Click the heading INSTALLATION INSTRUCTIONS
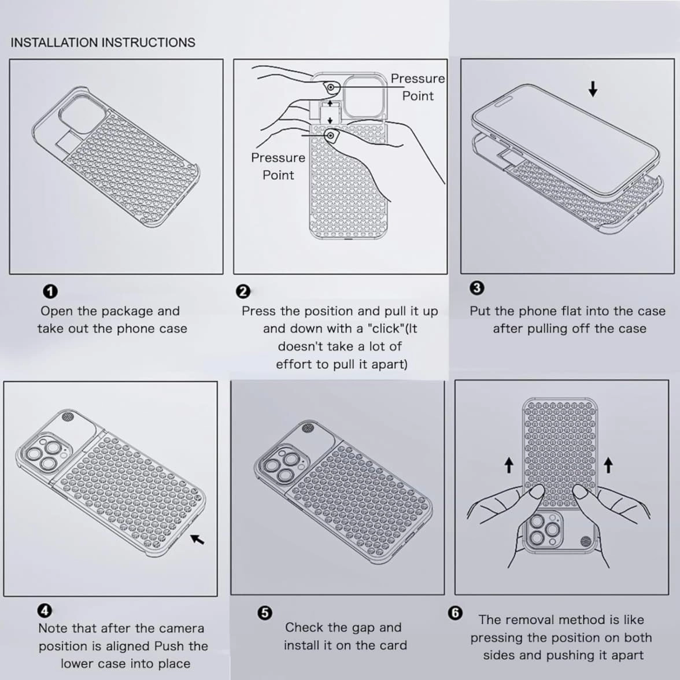coord(103,43)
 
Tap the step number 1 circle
coord(50,291)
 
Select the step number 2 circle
coord(243,291)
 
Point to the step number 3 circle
coord(476,288)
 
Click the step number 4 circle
coord(45,611)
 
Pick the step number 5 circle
coord(265,613)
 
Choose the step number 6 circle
coord(455,613)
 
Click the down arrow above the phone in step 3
coord(593,89)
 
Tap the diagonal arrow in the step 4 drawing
coord(197,539)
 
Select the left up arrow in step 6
coord(509,466)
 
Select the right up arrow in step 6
coord(608,465)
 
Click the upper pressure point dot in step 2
coord(331,88)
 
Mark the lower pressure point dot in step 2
coord(331,135)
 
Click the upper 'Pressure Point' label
coord(417,87)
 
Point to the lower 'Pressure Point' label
coord(278,166)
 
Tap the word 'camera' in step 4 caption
coord(181,629)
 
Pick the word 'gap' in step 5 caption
coord(363,629)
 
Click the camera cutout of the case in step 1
coord(82,113)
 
